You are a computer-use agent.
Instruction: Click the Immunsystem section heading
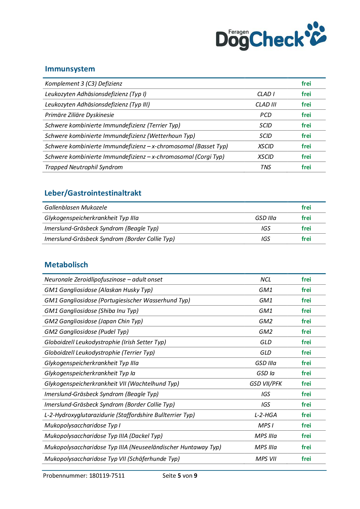(70, 69)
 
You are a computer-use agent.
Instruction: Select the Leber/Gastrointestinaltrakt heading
(93, 193)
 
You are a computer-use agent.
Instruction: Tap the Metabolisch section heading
(66, 265)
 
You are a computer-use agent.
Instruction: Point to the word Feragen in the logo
(238, 32)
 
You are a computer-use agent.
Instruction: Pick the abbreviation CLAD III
(266, 104)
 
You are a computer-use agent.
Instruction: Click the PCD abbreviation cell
(266, 115)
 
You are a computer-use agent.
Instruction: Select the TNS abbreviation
(266, 167)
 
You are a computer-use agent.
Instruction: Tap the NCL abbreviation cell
(266, 279)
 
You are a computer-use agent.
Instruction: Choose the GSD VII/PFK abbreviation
(266, 384)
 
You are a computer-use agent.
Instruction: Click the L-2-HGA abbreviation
(266, 415)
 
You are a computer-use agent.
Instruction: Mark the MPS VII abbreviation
(266, 459)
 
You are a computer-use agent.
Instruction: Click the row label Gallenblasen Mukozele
(76, 207)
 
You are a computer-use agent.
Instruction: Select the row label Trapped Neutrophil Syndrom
(84, 167)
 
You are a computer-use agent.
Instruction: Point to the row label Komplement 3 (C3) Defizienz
(84, 84)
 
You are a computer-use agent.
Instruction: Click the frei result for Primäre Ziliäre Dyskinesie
(306, 115)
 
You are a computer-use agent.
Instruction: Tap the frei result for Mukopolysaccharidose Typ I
(306, 425)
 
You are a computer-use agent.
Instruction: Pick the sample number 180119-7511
(107, 476)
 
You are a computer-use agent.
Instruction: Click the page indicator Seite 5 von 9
(180, 476)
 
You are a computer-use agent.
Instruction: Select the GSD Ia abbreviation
(266, 373)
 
